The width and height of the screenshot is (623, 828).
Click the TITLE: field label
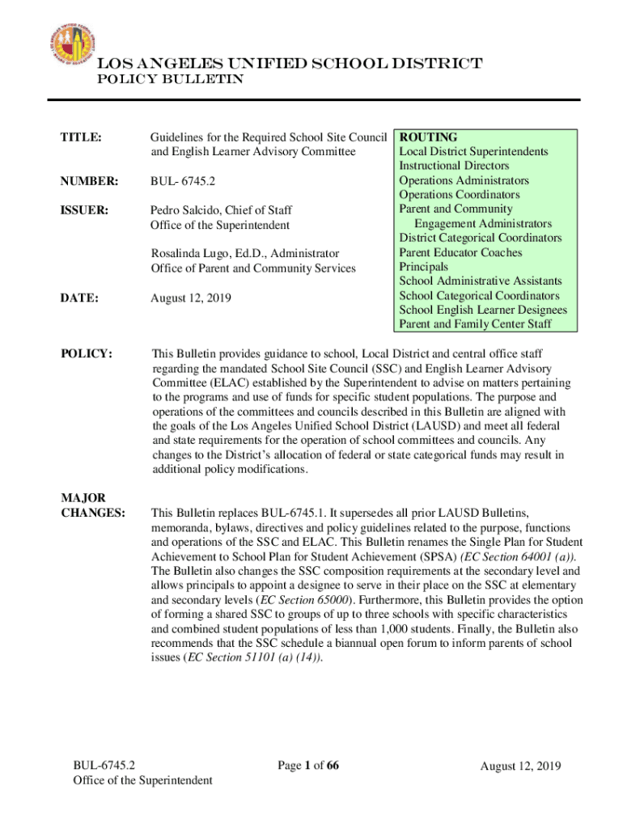[82, 137]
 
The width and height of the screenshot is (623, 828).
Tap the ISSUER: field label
[85, 210]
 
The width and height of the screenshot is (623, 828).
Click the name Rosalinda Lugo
[191, 254]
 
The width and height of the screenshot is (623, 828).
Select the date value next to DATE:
[191, 298]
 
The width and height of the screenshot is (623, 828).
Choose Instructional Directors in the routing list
[455, 166]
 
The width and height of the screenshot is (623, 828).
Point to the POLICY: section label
[86, 353]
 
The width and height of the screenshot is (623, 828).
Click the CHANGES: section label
[93, 512]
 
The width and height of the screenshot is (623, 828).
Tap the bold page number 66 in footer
[332, 767]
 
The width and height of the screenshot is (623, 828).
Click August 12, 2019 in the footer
[520, 767]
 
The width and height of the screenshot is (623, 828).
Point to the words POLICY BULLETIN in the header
[172, 80]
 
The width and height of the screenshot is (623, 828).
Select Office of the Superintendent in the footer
[142, 781]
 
